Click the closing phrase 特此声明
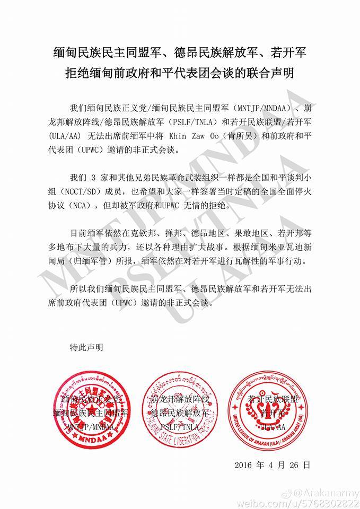[86, 347]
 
